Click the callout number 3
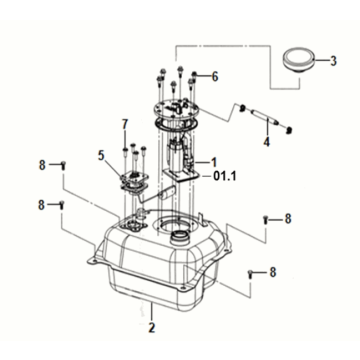(x=333, y=61)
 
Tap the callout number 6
(x=215, y=77)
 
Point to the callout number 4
(x=266, y=141)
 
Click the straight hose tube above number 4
(x=265, y=117)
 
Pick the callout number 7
(x=125, y=125)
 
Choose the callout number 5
(x=102, y=156)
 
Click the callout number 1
(x=213, y=162)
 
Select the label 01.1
(x=225, y=176)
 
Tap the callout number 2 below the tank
(x=152, y=327)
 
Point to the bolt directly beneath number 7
(x=125, y=152)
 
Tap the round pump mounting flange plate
(x=177, y=108)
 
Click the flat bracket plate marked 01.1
(x=182, y=176)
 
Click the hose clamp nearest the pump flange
(x=243, y=107)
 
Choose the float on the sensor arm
(x=166, y=194)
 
